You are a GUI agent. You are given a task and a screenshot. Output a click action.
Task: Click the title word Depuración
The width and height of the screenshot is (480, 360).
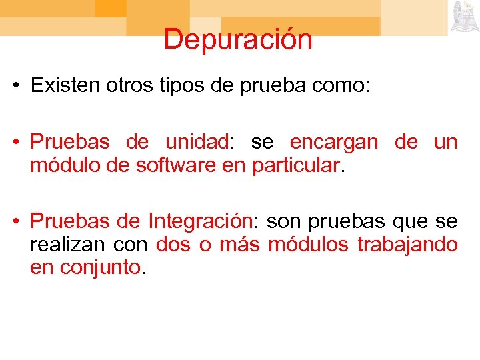(x=238, y=39)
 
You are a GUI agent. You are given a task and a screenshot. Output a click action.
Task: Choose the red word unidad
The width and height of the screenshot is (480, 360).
(x=197, y=142)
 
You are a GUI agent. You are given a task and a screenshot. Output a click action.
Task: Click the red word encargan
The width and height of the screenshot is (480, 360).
(x=334, y=142)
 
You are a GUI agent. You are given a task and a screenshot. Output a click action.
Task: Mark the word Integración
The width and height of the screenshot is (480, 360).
(x=200, y=221)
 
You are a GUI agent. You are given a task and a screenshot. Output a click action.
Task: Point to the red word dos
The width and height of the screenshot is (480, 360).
(x=173, y=244)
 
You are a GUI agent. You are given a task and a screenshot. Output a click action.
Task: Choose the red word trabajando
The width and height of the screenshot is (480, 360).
(x=407, y=244)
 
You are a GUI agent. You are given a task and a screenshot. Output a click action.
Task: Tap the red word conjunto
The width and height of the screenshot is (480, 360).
(x=101, y=267)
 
